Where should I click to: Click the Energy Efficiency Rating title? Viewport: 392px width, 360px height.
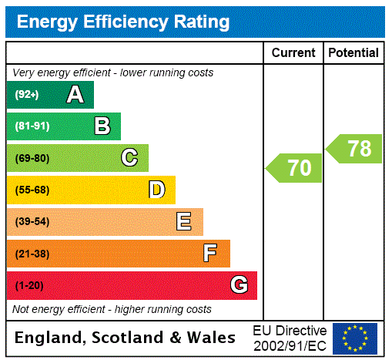click(x=123, y=22)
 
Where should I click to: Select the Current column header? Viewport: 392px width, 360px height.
click(x=293, y=53)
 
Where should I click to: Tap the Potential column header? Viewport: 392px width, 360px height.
click(x=353, y=53)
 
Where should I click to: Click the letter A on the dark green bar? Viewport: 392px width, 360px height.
click(x=75, y=95)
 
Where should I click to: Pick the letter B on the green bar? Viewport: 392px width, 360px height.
click(x=102, y=126)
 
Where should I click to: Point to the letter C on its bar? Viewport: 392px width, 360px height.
click(x=129, y=158)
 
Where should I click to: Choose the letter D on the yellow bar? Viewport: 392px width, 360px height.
click(x=156, y=190)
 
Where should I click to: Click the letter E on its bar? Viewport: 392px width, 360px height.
click(x=184, y=222)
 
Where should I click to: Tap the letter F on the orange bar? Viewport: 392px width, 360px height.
click(x=209, y=254)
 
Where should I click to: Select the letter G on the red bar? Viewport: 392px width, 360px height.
click(x=239, y=285)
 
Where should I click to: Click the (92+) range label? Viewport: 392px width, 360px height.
click(x=27, y=95)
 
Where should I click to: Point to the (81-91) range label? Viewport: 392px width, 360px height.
click(x=32, y=126)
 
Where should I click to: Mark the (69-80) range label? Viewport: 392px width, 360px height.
click(x=32, y=158)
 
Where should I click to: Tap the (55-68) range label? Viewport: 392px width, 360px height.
click(x=32, y=190)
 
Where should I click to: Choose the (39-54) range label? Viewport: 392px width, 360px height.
click(x=32, y=222)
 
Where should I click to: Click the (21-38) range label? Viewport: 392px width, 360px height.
click(x=32, y=254)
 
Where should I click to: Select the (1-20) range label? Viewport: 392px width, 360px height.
click(x=29, y=285)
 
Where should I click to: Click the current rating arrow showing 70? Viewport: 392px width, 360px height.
click(x=295, y=168)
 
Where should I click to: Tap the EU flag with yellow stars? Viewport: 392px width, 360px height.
click(x=355, y=338)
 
